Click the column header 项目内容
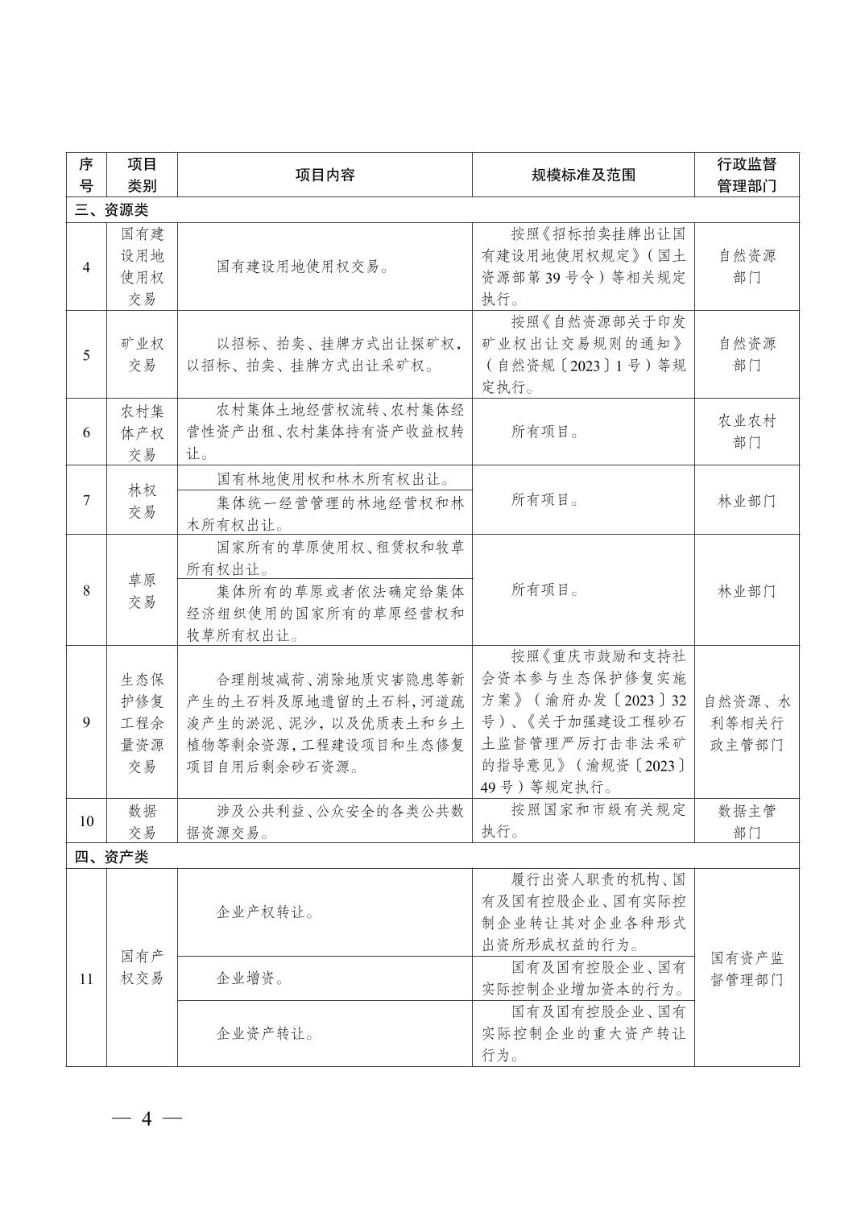point(325,175)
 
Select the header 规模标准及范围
point(583,175)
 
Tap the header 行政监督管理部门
point(747,175)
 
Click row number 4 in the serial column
point(86,267)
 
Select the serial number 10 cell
point(86,821)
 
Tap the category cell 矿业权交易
point(142,354)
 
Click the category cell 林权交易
point(142,501)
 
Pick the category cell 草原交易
point(142,590)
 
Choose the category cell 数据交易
point(142,821)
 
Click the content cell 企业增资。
point(250,978)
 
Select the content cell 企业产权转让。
point(265,912)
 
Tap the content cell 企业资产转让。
point(265,1033)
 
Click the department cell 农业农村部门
point(747,432)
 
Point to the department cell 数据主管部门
point(747,821)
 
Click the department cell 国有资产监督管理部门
point(747,969)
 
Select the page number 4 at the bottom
point(147,1119)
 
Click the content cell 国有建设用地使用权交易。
point(303,267)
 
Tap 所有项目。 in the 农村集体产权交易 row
point(545,432)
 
